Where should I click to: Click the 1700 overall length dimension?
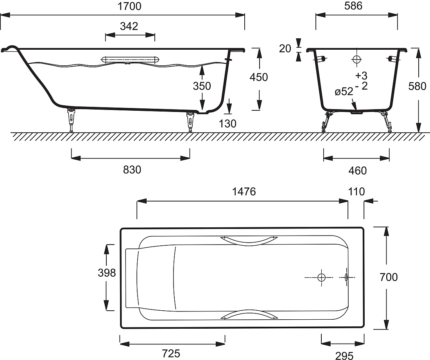click(129, 6)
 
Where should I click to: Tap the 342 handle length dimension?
click(129, 26)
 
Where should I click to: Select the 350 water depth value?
click(202, 86)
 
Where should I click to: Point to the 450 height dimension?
click(259, 77)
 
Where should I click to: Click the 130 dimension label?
click(228, 124)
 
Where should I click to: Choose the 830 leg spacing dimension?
click(132, 170)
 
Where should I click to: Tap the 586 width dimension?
click(353, 6)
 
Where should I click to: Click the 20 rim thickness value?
click(285, 49)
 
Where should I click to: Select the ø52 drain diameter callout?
click(344, 92)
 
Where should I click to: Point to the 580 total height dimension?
click(417, 86)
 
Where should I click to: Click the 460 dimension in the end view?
click(358, 171)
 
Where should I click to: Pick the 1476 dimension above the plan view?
click(244, 191)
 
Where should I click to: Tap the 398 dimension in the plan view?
click(107, 273)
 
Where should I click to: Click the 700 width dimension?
click(389, 277)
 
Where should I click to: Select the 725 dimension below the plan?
click(171, 353)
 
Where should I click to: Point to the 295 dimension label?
click(344, 356)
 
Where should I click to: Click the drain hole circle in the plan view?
click(321, 277)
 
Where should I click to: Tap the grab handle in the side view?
click(130, 60)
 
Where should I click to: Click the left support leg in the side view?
click(71, 120)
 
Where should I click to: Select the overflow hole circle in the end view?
click(357, 59)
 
